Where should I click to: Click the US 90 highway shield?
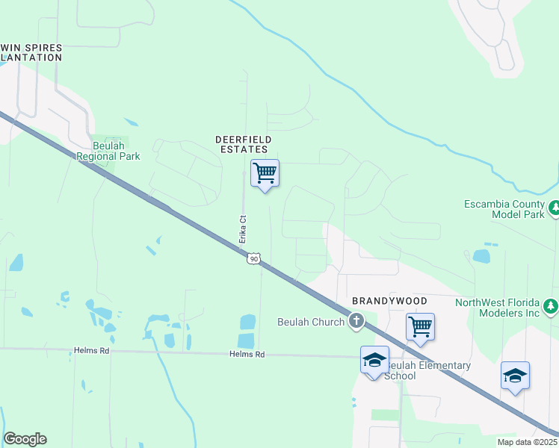[x=255, y=258]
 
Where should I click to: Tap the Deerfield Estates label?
[x=243, y=144]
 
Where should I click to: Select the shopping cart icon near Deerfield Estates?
[x=265, y=173]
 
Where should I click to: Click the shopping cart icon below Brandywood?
[x=421, y=326]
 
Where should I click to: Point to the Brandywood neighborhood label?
[x=390, y=301]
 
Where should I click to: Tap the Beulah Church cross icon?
[x=356, y=321]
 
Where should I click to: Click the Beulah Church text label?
[x=310, y=321]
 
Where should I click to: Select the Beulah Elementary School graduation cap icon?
[x=374, y=361]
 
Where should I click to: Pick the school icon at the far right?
[x=515, y=375]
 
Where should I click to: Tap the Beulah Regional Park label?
[x=108, y=152]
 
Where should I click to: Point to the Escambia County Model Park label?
[x=506, y=209]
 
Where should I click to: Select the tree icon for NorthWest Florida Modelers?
[x=551, y=306]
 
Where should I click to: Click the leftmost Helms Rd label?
[x=92, y=349]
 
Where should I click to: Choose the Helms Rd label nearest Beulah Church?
[x=248, y=355]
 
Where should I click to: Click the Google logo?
[x=25, y=439]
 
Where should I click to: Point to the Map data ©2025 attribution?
[x=527, y=442]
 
